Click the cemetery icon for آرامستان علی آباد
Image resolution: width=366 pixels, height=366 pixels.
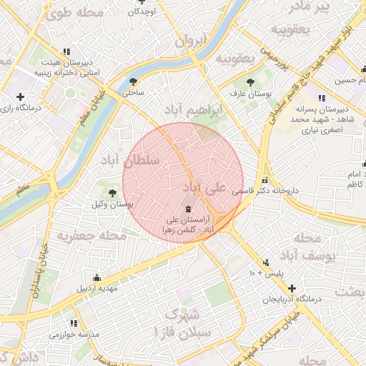click(x=187, y=209)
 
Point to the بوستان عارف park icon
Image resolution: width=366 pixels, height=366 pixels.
click(x=249, y=81)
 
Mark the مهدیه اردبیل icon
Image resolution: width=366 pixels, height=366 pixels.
click(x=97, y=277)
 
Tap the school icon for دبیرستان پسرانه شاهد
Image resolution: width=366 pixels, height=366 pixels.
click(x=322, y=98)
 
